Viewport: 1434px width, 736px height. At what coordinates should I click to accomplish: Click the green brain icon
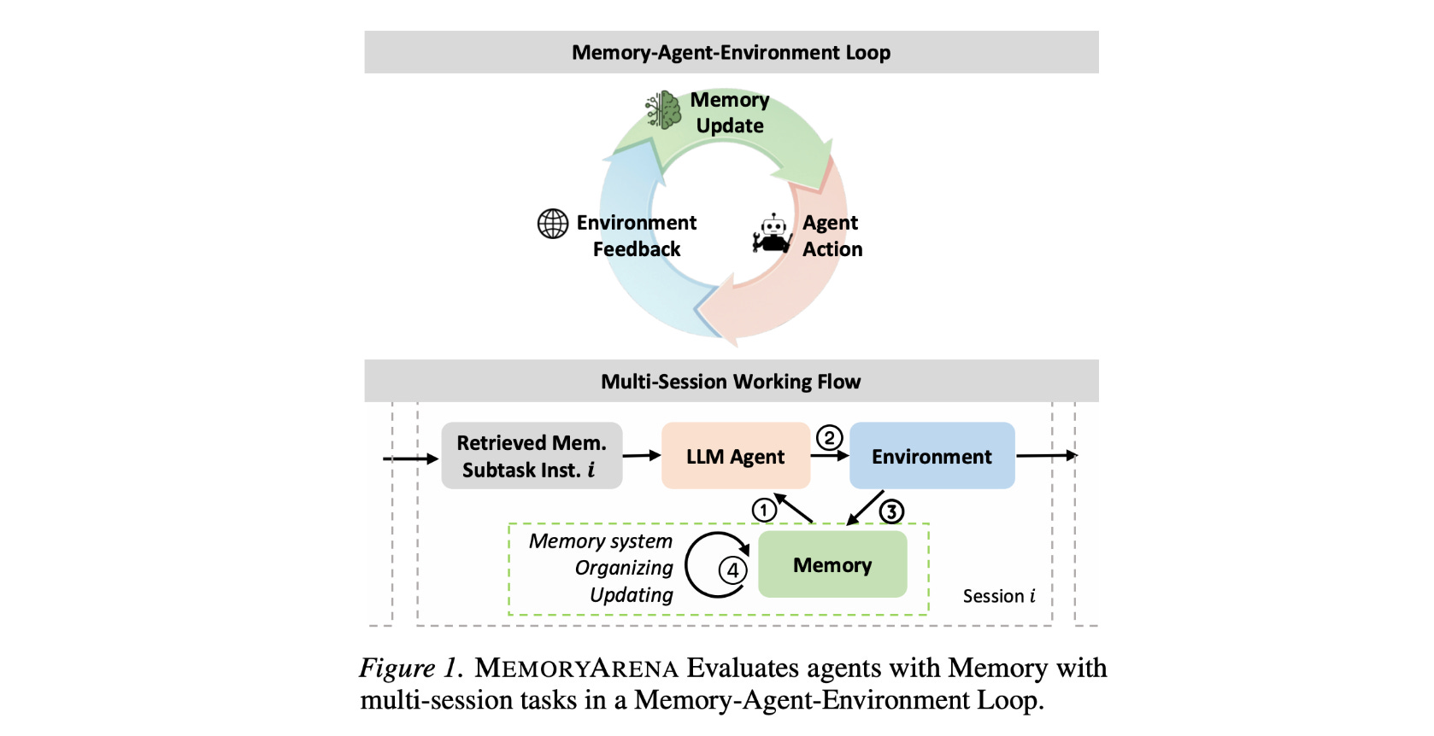pyautogui.click(x=663, y=110)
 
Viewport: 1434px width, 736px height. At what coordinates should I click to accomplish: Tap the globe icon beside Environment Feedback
pyautogui.click(x=553, y=224)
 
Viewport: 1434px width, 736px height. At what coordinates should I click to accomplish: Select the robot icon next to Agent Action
pyautogui.click(x=773, y=234)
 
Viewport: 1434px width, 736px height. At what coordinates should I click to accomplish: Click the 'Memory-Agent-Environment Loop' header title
pyautogui.click(x=731, y=53)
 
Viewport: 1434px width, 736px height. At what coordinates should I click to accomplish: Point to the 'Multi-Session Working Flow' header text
pyautogui.click(x=731, y=382)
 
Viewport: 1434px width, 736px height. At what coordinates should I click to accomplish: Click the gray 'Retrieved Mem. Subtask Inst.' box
pyautogui.click(x=532, y=456)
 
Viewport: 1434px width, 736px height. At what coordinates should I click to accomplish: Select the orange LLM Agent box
pyautogui.click(x=735, y=456)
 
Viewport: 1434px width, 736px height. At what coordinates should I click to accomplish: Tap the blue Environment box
pyautogui.click(x=932, y=456)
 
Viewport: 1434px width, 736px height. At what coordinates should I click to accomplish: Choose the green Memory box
pyautogui.click(x=832, y=564)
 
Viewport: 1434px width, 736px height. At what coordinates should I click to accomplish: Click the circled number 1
pyautogui.click(x=764, y=511)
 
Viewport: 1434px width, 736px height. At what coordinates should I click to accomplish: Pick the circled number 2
pyautogui.click(x=829, y=438)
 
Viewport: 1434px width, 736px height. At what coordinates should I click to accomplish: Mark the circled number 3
pyautogui.click(x=891, y=511)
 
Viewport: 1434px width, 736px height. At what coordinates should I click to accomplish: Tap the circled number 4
pyautogui.click(x=732, y=570)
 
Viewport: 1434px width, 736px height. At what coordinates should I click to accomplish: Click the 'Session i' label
pyautogui.click(x=998, y=596)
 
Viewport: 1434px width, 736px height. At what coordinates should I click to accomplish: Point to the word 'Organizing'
pyautogui.click(x=624, y=568)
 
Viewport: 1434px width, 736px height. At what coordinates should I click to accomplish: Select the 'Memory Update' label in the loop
pyautogui.click(x=730, y=113)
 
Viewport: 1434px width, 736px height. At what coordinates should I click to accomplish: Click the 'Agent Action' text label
pyautogui.click(x=832, y=236)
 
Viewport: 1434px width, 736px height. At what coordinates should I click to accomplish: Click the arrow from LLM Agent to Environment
pyautogui.click(x=829, y=456)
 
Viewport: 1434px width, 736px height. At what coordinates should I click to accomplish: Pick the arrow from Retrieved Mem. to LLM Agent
pyautogui.click(x=642, y=456)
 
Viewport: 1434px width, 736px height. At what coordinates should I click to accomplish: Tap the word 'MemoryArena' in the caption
pyautogui.click(x=576, y=668)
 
